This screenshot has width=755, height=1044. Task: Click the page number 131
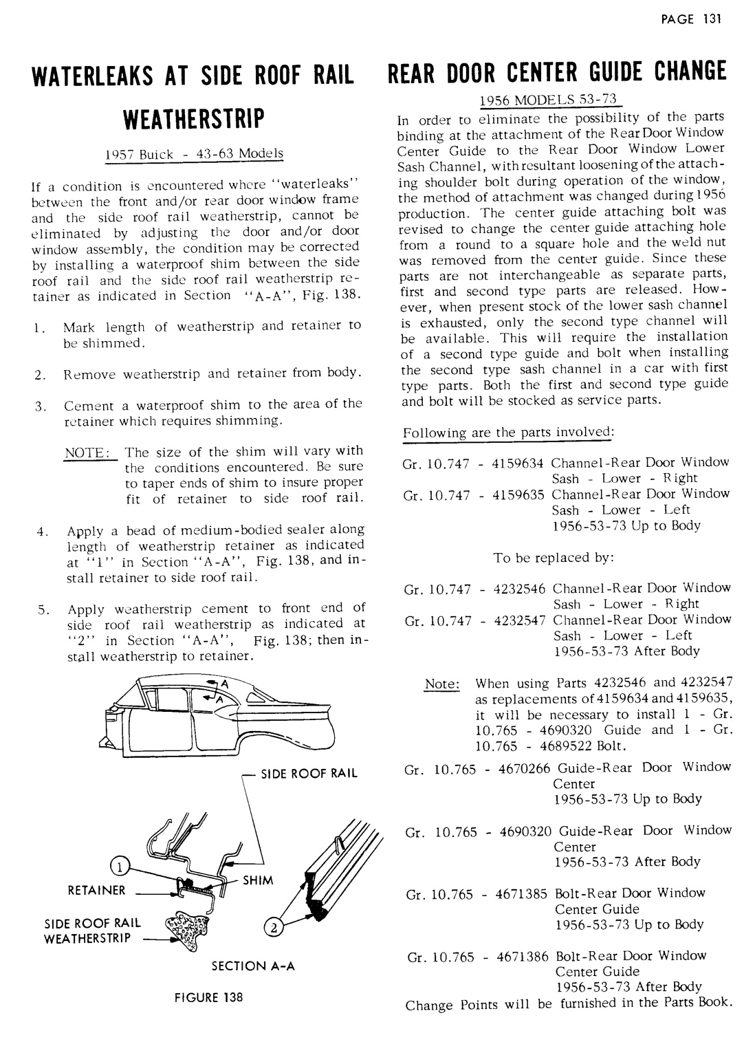tap(710, 19)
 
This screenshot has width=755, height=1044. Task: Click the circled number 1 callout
tap(118, 866)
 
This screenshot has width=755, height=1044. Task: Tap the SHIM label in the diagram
tap(258, 881)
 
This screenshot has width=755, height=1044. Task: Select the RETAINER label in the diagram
tap(96, 891)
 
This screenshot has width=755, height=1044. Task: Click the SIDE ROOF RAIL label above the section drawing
tap(308, 773)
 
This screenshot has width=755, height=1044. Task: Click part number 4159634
tap(519, 462)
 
